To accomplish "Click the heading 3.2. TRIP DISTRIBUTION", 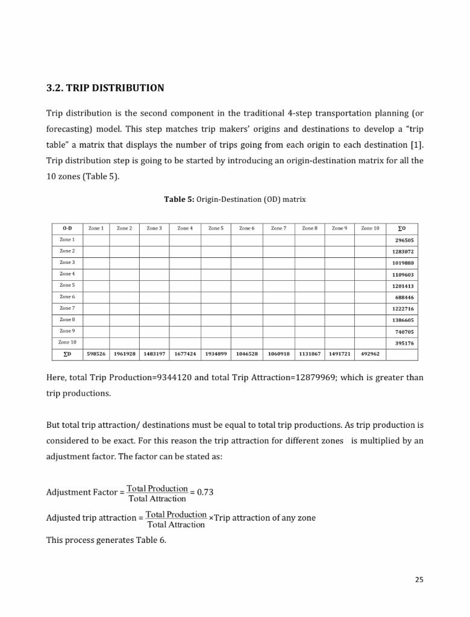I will pyautogui.click(x=105, y=88).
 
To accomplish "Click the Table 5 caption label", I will pyautogui.click(x=179, y=199).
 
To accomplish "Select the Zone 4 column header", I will pyautogui.click(x=185, y=228).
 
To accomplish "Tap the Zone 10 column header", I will pyautogui.click(x=370, y=228).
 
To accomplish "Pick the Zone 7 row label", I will pyautogui.click(x=67, y=308).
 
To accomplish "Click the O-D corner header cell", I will pyautogui.click(x=67, y=228).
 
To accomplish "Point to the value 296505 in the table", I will pyautogui.click(x=404, y=240).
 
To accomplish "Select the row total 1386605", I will pyautogui.click(x=404, y=321).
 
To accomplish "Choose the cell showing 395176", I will pyautogui.click(x=404, y=343).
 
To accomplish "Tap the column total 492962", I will pyautogui.click(x=370, y=354).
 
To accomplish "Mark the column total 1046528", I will pyautogui.click(x=246, y=354).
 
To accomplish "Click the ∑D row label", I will pyautogui.click(x=67, y=354).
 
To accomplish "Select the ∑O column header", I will pyautogui.click(x=402, y=229).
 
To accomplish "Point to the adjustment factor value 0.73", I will pyautogui.click(x=205, y=492).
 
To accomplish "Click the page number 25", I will pyautogui.click(x=419, y=580).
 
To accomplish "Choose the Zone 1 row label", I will pyautogui.click(x=67, y=240).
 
